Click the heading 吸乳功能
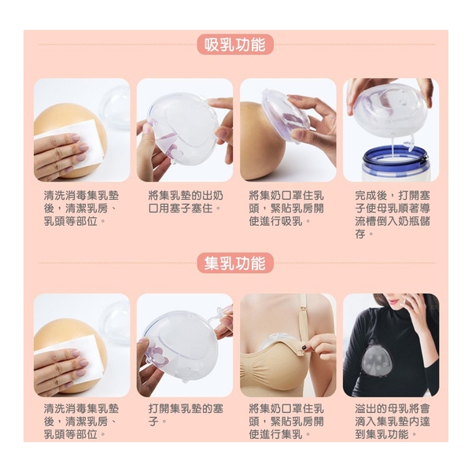pyautogui.click(x=235, y=44)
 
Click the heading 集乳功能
pyautogui.click(x=235, y=263)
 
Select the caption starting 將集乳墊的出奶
pyautogui.click(x=184, y=201)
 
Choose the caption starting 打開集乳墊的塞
pyautogui.click(x=184, y=415)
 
